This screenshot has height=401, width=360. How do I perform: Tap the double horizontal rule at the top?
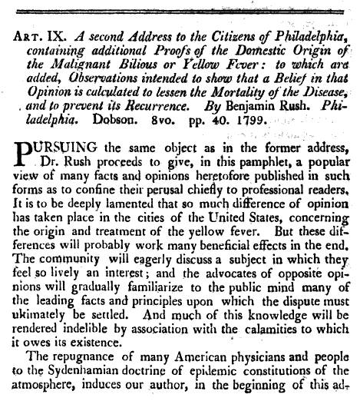click(x=180, y=6)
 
